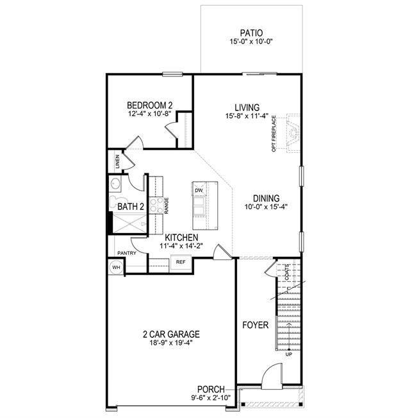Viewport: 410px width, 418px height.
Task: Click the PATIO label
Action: [x=251, y=33]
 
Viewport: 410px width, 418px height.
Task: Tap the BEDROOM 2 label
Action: [x=150, y=105]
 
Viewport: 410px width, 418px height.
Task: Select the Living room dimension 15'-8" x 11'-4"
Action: [x=247, y=116]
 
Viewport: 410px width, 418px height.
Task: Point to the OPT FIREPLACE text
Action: [x=274, y=134]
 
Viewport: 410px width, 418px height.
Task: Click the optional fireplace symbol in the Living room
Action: [x=293, y=133]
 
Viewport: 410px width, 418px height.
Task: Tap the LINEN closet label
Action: [x=117, y=162]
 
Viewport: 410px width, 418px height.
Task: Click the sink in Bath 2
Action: [x=115, y=184]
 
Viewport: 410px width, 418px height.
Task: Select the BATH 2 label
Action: [x=131, y=207]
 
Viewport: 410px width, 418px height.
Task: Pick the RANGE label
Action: [x=167, y=205]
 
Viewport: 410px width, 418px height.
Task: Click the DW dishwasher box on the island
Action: [x=199, y=190]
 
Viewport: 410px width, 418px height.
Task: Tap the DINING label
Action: [x=266, y=198]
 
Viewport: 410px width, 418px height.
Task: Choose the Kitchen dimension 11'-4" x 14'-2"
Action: [x=181, y=246]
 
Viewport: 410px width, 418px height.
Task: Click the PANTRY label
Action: [x=127, y=253]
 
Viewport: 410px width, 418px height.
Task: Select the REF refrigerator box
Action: [x=181, y=262]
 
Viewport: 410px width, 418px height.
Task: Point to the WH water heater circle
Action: [x=116, y=267]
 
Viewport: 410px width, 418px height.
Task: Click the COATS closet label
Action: [x=286, y=272]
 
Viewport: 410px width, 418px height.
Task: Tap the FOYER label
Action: [x=255, y=326]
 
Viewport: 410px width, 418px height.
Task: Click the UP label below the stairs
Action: [x=288, y=354]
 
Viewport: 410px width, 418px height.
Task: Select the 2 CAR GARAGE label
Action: [x=171, y=335]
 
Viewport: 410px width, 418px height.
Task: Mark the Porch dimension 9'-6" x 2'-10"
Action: [x=211, y=398]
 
